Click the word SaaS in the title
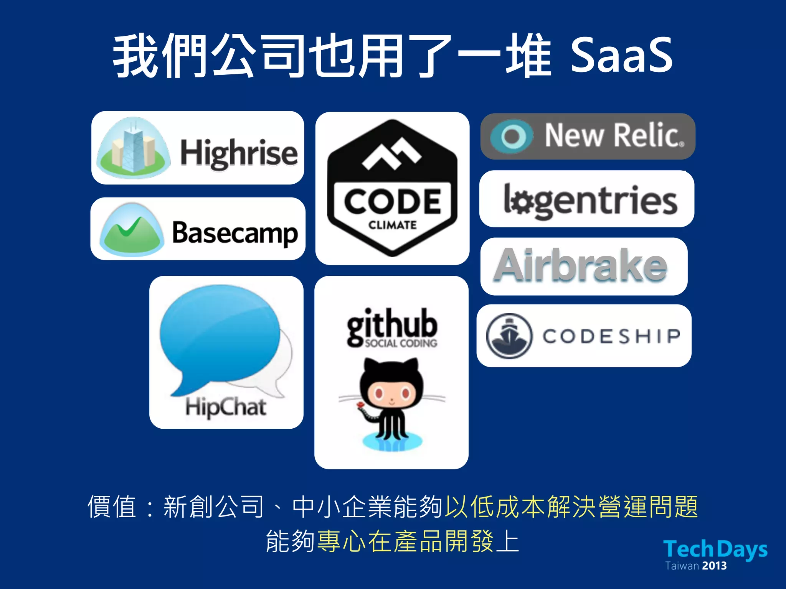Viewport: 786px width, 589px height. [622, 56]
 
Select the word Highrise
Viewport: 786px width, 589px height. [239, 153]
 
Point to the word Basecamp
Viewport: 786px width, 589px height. [235, 233]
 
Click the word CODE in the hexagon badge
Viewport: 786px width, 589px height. [392, 202]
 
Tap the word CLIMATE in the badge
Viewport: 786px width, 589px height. [392, 225]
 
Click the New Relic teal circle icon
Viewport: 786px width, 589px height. [512, 136]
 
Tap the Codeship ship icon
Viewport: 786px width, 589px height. [509, 336]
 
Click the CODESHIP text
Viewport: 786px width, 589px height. [611, 336]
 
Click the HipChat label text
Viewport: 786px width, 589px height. [226, 407]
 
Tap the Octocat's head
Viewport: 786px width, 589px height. [391, 387]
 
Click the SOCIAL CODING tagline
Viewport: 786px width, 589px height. [401, 343]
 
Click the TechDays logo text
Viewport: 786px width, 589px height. [715, 549]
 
